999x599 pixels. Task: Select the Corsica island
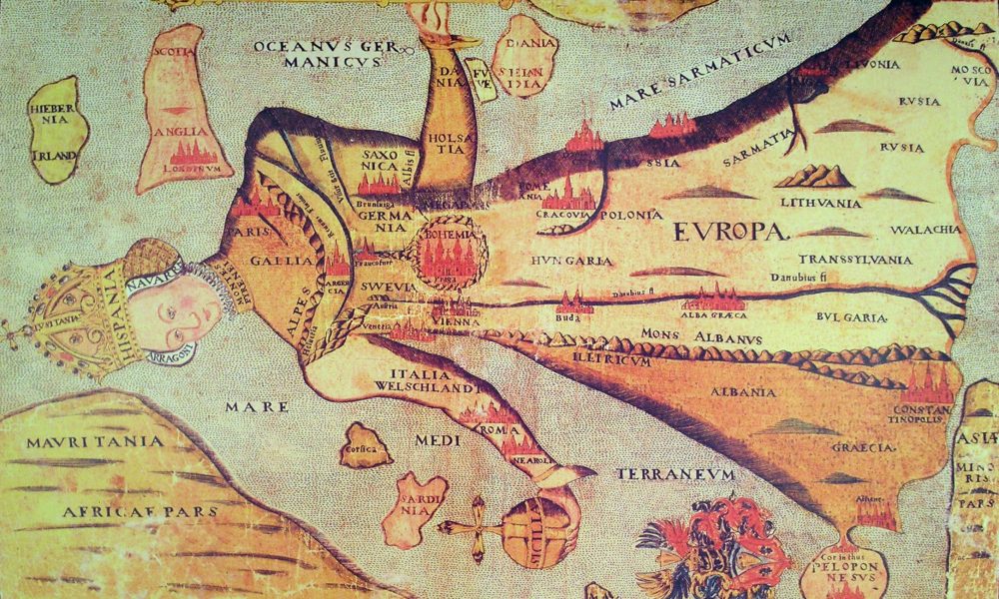[x=366, y=446]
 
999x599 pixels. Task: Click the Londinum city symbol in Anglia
[x=190, y=152]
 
